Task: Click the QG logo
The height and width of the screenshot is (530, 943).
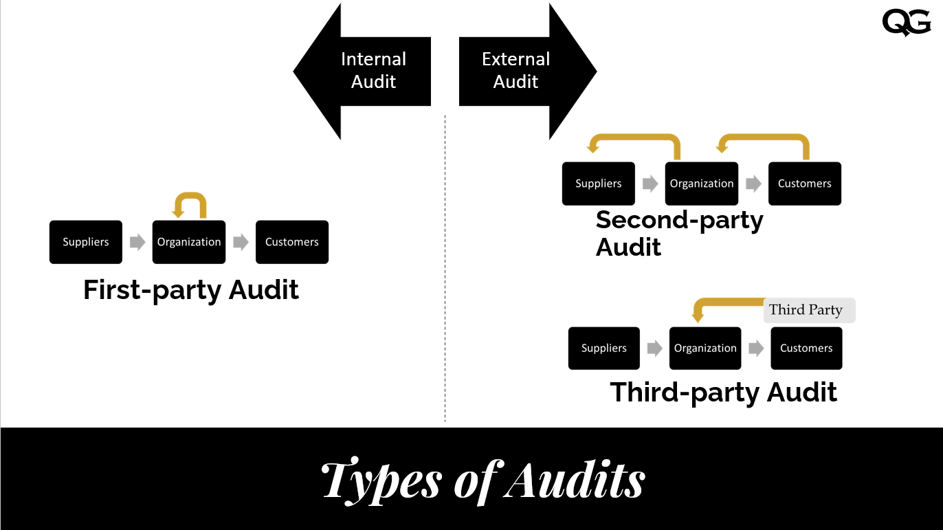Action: pyautogui.click(x=906, y=23)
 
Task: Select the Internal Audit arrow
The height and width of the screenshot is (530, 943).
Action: pyautogui.click(x=364, y=71)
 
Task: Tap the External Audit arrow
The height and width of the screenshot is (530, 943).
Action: pyautogui.click(x=526, y=71)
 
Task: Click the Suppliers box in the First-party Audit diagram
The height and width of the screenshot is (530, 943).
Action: pyautogui.click(x=86, y=242)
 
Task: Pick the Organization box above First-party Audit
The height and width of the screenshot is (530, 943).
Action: pyautogui.click(x=189, y=242)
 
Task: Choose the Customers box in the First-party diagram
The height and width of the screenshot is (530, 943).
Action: pyautogui.click(x=292, y=242)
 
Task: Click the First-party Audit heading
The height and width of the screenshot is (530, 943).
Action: pyautogui.click(x=191, y=290)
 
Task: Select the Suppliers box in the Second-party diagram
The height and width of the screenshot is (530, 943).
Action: pyautogui.click(x=598, y=184)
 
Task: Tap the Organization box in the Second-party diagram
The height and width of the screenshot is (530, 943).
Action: pyautogui.click(x=702, y=184)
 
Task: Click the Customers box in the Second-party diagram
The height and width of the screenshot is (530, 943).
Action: pyautogui.click(x=805, y=184)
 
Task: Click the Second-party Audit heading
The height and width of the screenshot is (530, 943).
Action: pyautogui.click(x=679, y=233)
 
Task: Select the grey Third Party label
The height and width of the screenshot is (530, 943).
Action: pyautogui.click(x=810, y=310)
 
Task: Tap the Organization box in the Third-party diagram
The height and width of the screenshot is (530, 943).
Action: pyautogui.click(x=705, y=349)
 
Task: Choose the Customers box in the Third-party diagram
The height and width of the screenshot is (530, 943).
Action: pyautogui.click(x=806, y=349)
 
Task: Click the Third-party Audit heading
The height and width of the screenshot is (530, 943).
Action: pyautogui.click(x=724, y=393)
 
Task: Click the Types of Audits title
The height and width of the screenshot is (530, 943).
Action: pyautogui.click(x=483, y=479)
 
